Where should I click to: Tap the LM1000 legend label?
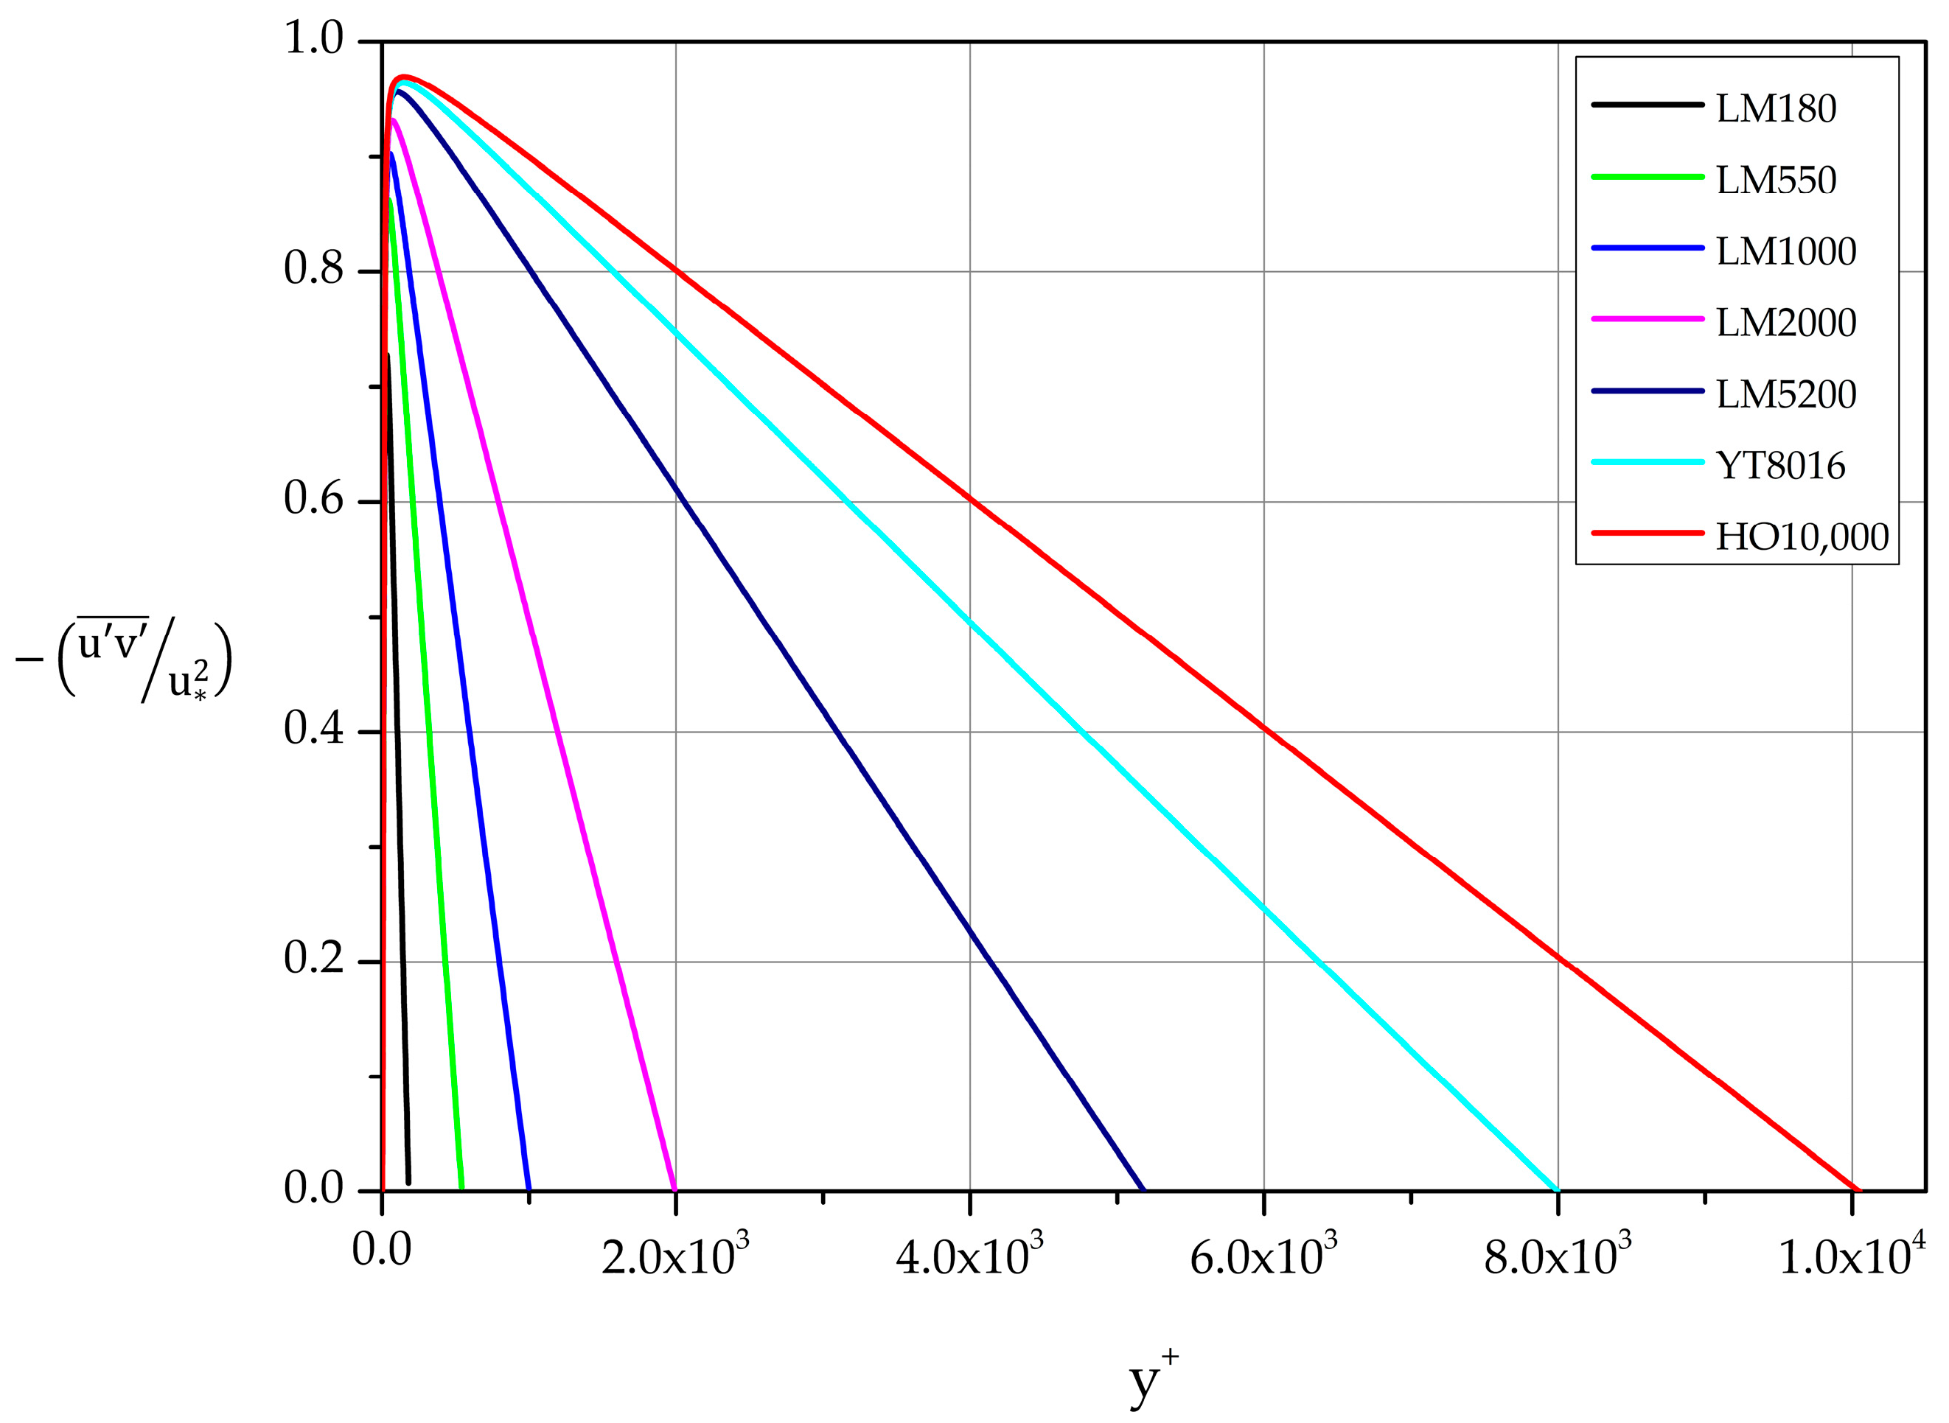click(x=1785, y=251)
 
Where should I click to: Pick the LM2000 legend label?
click(x=1785, y=323)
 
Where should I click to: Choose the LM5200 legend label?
click(x=1785, y=394)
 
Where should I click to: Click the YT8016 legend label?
click(x=1780, y=466)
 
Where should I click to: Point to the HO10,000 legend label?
click(x=1802, y=537)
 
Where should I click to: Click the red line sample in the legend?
click(x=1648, y=534)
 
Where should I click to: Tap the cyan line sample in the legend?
click(x=1648, y=462)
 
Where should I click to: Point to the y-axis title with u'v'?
click(x=125, y=660)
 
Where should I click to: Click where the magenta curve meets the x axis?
click(x=674, y=1190)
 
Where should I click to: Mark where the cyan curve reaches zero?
click(x=1558, y=1190)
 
